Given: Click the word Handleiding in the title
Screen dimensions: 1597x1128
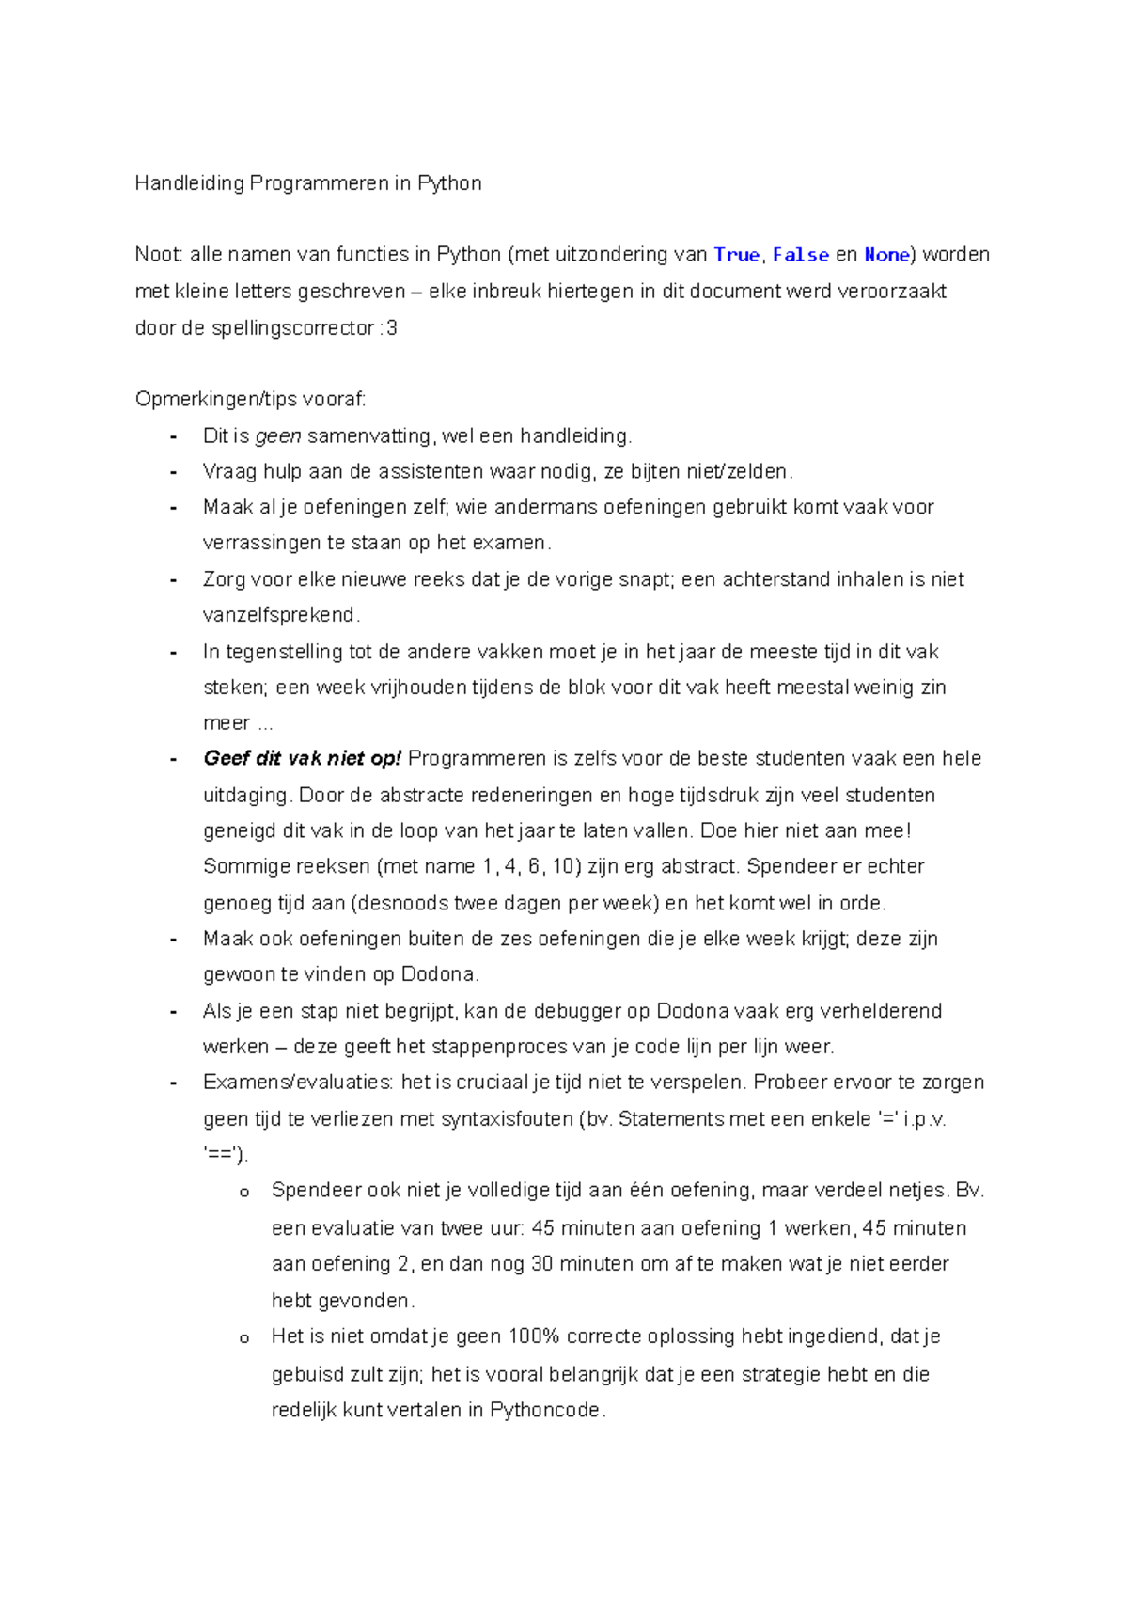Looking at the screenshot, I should pyautogui.click(x=189, y=183).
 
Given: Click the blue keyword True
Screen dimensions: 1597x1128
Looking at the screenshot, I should pyautogui.click(x=736, y=255).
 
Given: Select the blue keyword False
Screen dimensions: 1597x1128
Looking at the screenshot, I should pyautogui.click(x=800, y=255).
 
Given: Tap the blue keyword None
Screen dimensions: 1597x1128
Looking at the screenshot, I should pyautogui.click(x=886, y=255).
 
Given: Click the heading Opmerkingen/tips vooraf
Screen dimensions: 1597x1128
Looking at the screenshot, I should pyautogui.click(x=250, y=399).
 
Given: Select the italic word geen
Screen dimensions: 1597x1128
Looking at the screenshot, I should pyautogui.click(x=278, y=435).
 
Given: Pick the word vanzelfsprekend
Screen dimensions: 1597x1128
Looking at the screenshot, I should pyautogui.click(x=279, y=615).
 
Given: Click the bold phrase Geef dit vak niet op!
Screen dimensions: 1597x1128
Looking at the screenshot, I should pyautogui.click(x=302, y=758).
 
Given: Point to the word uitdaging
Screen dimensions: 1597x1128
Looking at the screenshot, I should pyautogui.click(x=246, y=795).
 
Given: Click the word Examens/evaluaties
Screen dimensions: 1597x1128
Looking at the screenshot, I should pyautogui.click(x=297, y=1083).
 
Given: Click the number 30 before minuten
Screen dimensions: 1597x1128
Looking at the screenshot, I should pyautogui.click(x=541, y=1264).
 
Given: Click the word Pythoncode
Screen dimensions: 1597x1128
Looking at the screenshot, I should pyautogui.click(x=544, y=1410).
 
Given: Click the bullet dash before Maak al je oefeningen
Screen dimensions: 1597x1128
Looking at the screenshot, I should pyautogui.click(x=173, y=508).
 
